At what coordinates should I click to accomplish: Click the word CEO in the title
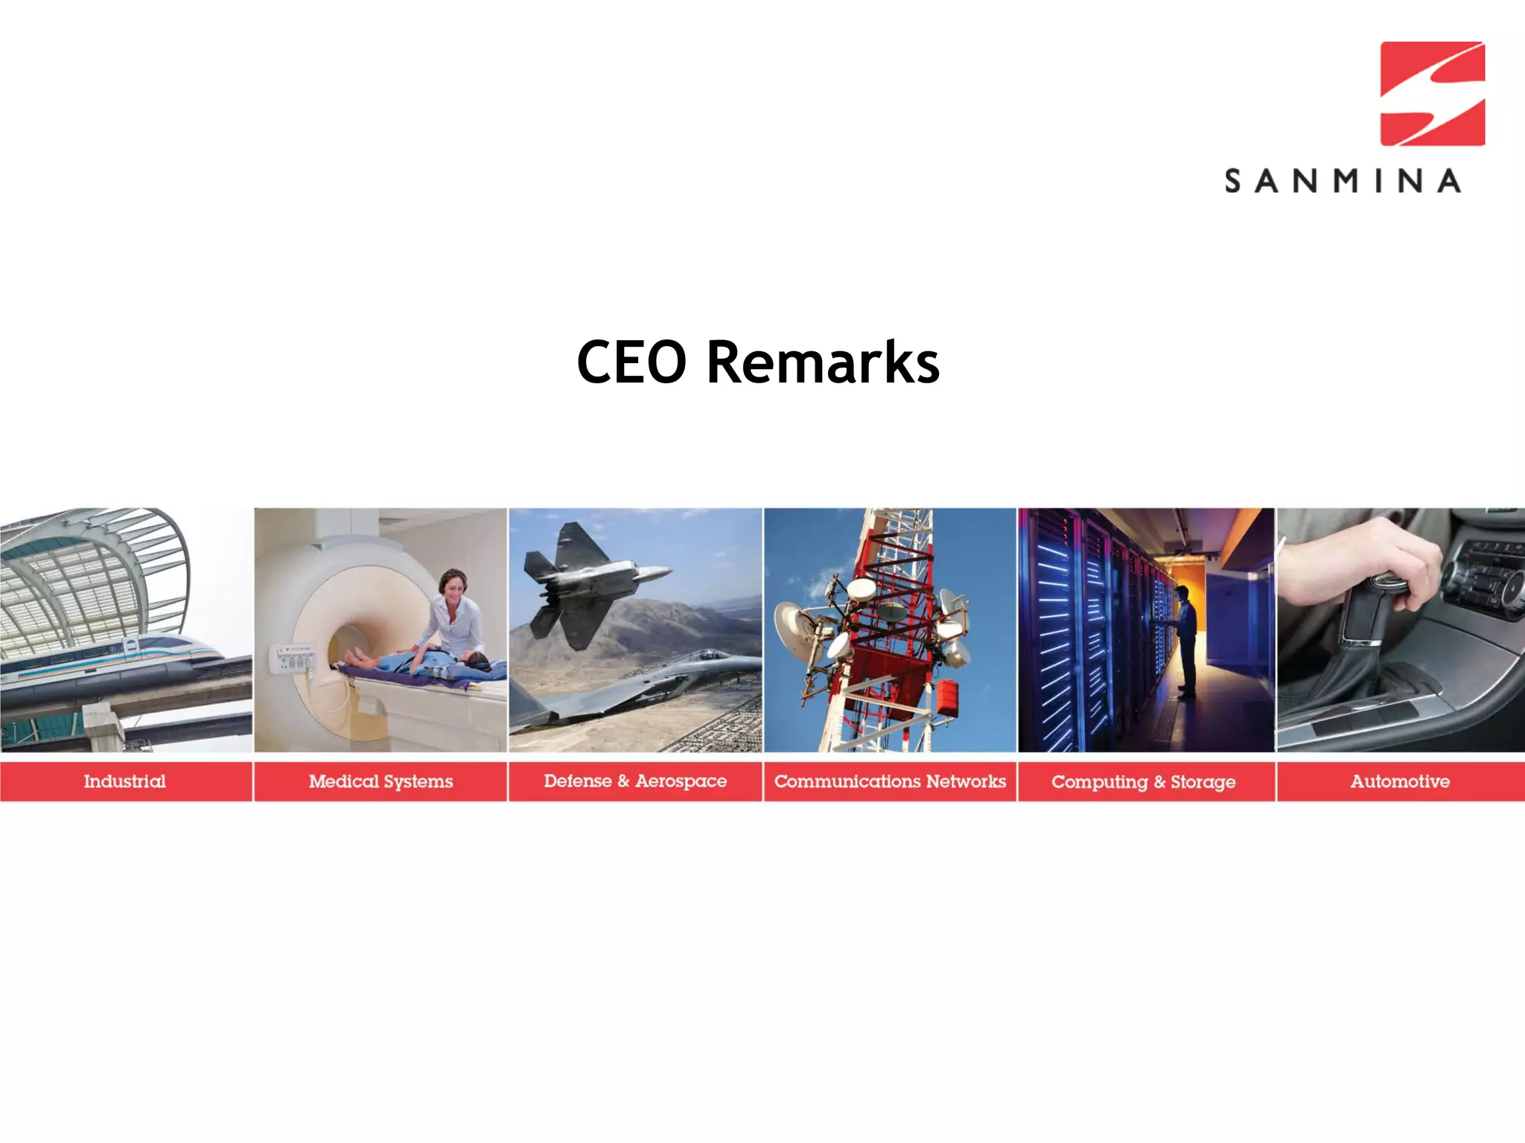(631, 362)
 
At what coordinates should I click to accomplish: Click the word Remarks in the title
(823, 362)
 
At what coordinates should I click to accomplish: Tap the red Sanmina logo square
(1432, 94)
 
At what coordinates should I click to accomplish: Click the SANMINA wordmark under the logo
(1343, 182)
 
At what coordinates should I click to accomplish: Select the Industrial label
(125, 781)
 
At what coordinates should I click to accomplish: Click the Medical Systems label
(381, 781)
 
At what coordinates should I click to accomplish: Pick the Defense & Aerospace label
(635, 781)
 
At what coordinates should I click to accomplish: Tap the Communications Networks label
(890, 781)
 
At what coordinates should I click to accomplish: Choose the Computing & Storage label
(1144, 782)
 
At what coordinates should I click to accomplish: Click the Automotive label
(1400, 781)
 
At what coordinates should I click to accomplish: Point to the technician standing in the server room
(1185, 640)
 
